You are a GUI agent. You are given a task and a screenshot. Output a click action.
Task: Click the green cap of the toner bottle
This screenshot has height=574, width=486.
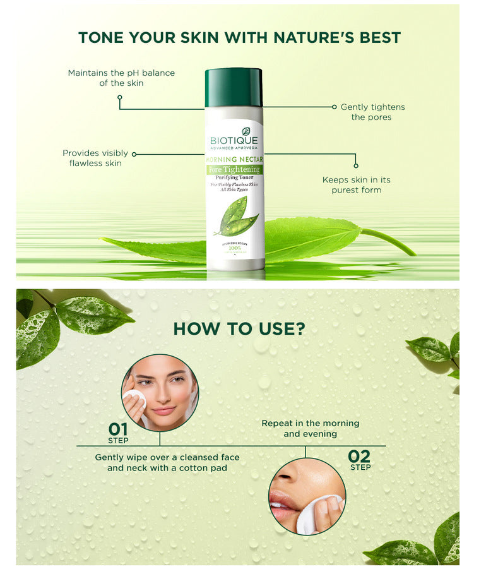[234, 87]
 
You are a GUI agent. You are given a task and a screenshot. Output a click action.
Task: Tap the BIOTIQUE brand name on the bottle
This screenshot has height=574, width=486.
[234, 140]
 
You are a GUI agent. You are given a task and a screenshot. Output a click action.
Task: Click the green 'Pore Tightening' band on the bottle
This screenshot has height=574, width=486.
[235, 170]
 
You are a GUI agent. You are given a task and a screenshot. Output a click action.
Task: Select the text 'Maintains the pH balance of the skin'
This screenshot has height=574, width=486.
[121, 78]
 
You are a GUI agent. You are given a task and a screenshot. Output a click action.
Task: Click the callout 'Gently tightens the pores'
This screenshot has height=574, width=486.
[372, 112]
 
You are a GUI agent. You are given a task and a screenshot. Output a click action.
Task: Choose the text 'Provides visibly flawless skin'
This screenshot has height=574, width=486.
[95, 158]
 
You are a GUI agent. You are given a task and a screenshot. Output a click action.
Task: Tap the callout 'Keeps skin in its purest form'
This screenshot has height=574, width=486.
[356, 184]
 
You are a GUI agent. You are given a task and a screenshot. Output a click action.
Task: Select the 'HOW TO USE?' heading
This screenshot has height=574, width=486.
[239, 328]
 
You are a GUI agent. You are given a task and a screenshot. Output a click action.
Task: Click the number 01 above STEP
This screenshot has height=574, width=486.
[118, 429]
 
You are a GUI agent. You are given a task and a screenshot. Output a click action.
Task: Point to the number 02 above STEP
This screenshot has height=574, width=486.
[360, 456]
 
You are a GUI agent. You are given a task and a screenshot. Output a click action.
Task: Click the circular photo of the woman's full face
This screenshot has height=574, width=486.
[160, 393]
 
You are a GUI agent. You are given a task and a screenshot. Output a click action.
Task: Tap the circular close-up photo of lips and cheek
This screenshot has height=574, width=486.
[307, 496]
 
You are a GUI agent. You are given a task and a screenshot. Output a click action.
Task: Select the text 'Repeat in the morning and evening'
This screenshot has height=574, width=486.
[310, 428]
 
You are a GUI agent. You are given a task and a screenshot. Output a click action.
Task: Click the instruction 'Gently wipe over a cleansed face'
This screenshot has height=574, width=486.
[167, 457]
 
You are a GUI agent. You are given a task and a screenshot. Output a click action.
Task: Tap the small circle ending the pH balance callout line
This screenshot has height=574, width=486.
[120, 98]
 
